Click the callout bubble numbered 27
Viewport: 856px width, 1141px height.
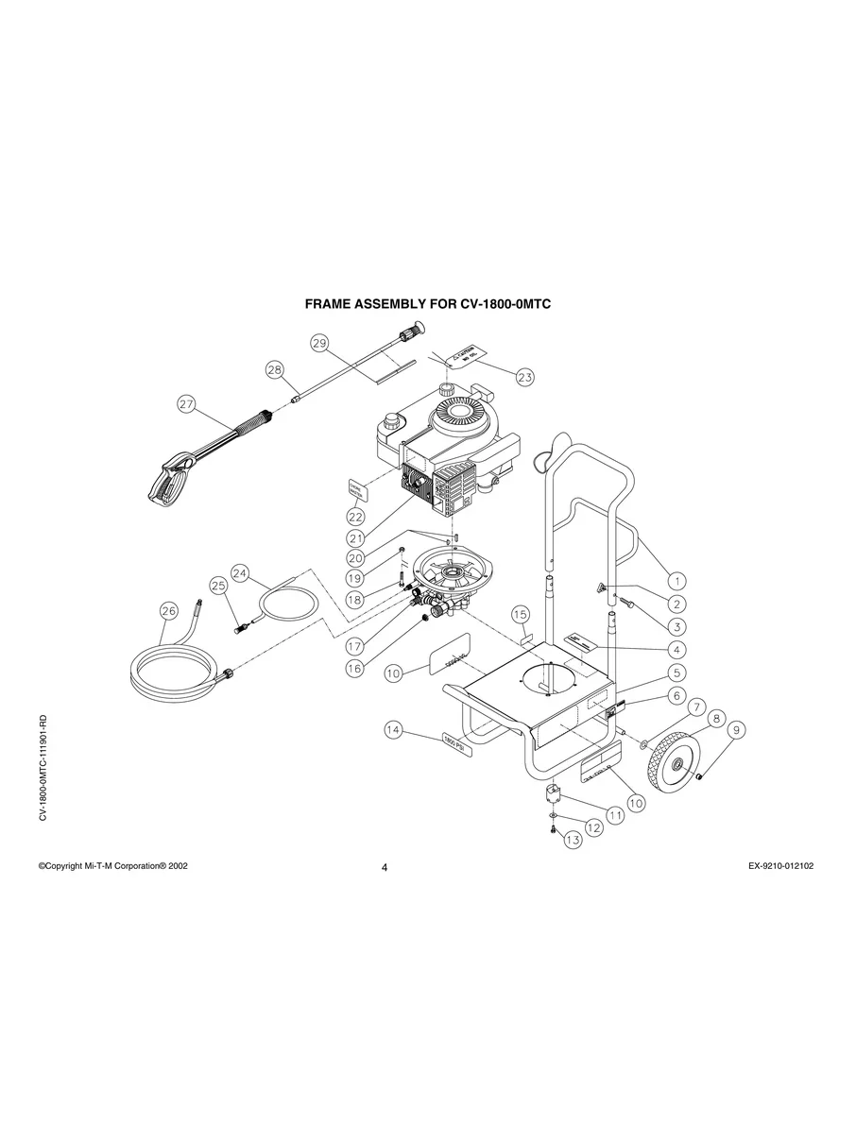(x=186, y=404)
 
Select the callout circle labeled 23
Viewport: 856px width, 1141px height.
(x=524, y=376)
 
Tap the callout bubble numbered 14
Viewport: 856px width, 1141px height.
(x=394, y=729)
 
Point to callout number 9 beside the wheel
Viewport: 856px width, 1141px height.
(x=735, y=729)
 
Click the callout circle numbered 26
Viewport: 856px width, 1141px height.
(x=167, y=611)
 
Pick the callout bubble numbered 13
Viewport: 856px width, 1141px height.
(x=571, y=840)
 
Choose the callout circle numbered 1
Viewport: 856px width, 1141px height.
(x=677, y=579)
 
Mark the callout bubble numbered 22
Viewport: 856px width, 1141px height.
(x=355, y=517)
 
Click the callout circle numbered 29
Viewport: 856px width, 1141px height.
(x=319, y=343)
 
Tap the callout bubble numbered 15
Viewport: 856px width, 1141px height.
(x=521, y=614)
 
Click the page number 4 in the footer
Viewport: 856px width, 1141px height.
(x=385, y=868)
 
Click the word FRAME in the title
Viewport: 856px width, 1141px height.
(x=331, y=305)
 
